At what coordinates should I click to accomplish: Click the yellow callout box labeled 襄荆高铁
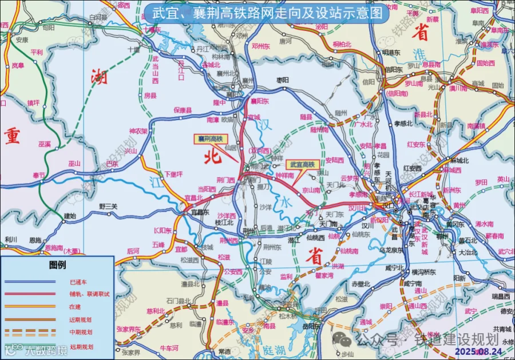[209, 139]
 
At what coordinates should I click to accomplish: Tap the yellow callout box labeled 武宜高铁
[302, 164]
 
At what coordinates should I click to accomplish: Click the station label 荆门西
[225, 180]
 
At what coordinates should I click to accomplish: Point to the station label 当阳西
[207, 189]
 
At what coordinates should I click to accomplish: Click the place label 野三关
[108, 206]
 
